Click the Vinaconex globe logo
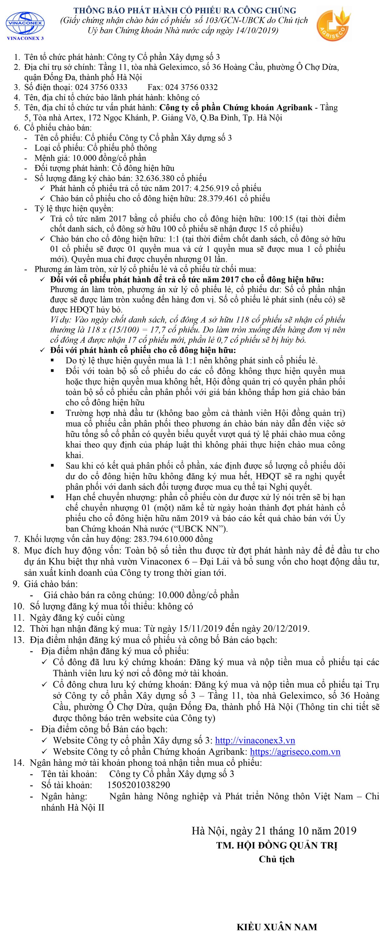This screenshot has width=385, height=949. tap(25, 23)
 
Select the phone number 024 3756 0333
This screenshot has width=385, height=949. tap(101, 87)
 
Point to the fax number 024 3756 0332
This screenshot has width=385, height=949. tap(192, 87)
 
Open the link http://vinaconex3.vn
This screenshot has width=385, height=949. tap(255, 741)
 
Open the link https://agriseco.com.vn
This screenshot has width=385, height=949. tap(295, 751)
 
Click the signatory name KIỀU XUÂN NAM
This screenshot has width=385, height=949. tap(277, 927)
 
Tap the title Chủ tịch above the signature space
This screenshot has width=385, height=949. tap(277, 859)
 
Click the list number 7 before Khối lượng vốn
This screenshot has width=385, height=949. tap(17, 539)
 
